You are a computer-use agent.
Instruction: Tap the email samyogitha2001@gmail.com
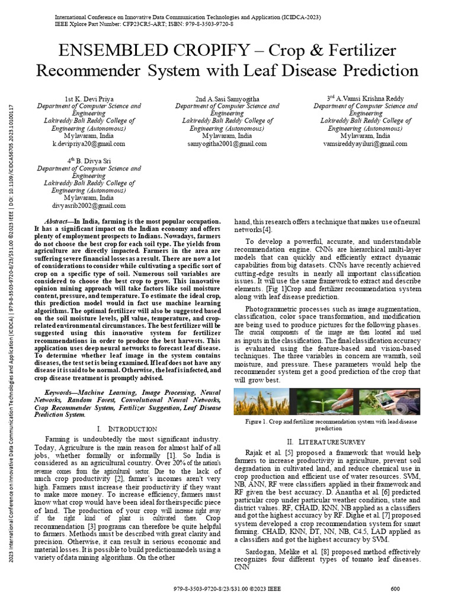[227, 144]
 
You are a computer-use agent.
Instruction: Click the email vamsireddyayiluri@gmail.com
[365, 144]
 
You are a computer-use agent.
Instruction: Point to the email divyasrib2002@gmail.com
[89, 206]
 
